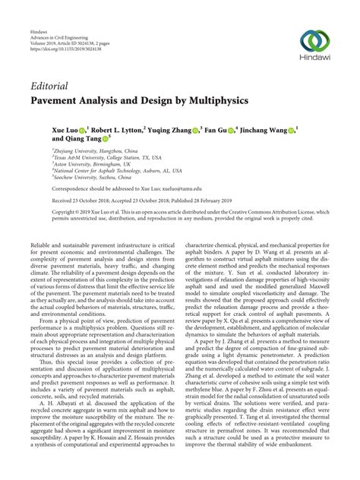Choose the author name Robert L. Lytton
pyautogui.click(x=119, y=131)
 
